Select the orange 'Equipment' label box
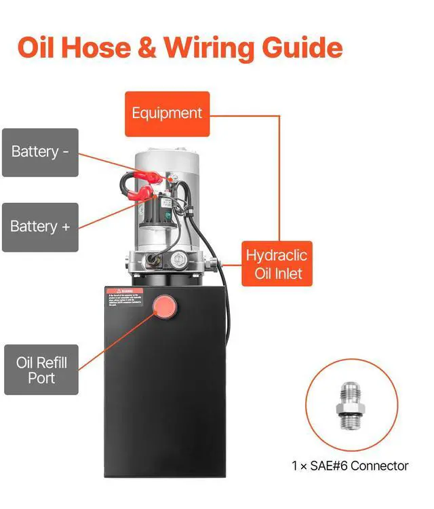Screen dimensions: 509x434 click(167, 113)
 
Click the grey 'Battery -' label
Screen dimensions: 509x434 click(40, 151)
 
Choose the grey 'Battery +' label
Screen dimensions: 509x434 click(40, 227)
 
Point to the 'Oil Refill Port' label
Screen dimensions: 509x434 click(41, 369)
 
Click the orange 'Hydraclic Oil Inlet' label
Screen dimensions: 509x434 click(277, 265)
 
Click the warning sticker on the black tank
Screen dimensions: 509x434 click(125, 297)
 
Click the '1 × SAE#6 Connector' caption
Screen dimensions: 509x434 click(349, 466)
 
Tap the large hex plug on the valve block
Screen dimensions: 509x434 click(180, 259)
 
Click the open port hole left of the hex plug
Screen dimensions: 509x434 click(156, 259)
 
